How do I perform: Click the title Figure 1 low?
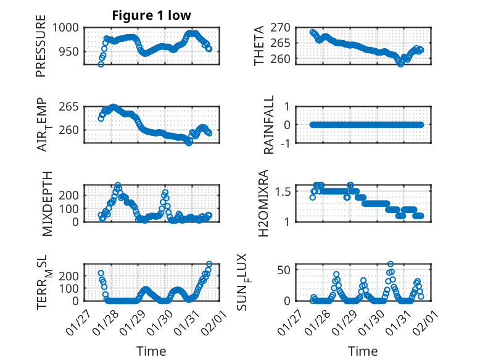pos(151,15)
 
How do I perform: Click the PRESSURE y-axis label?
pos(41,50)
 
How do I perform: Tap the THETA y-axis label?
pos(259,46)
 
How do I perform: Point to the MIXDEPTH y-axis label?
pos(48,203)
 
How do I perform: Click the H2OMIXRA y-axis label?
pos(263,203)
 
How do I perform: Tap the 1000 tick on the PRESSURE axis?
pos(65,27)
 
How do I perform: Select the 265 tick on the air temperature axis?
pos(69,106)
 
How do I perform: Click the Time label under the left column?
pos(151,351)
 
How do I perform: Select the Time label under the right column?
pos(363,351)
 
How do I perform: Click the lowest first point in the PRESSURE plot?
pos(101,64)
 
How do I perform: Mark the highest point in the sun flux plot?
pos(390,264)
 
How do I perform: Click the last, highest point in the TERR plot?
pos(209,264)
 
